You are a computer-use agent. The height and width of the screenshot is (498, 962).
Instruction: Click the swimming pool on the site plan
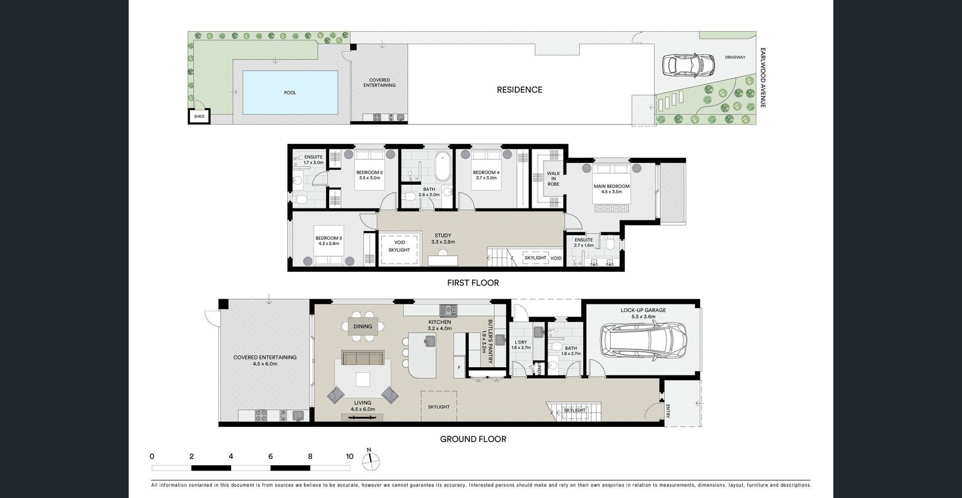pos(290,92)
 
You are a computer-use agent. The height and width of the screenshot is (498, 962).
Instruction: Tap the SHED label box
pos(199,117)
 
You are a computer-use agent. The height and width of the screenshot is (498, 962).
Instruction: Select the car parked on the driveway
pos(689,65)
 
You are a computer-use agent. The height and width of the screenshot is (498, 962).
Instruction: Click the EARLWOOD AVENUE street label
pos(763,78)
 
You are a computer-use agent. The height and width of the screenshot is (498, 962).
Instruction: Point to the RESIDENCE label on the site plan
pos(520,90)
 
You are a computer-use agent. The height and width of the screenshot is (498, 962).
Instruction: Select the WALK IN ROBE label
pos(553,178)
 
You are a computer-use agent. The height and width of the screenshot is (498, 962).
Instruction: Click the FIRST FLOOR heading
pos(473,283)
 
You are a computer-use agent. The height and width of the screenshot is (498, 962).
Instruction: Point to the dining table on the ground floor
pos(363,326)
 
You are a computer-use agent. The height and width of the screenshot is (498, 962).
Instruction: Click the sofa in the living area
pos(362,358)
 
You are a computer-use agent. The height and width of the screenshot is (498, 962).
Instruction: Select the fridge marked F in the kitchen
pos(459,367)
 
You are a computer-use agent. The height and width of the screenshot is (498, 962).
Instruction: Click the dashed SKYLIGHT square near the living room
pos(439,406)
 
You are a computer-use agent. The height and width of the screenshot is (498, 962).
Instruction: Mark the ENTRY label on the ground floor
pos(668,411)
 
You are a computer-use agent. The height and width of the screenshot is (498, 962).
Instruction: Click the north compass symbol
pos(371,461)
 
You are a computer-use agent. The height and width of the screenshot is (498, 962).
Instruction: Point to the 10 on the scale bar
pos(350,456)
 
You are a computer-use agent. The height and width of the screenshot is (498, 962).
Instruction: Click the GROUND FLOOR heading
pos(473,439)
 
